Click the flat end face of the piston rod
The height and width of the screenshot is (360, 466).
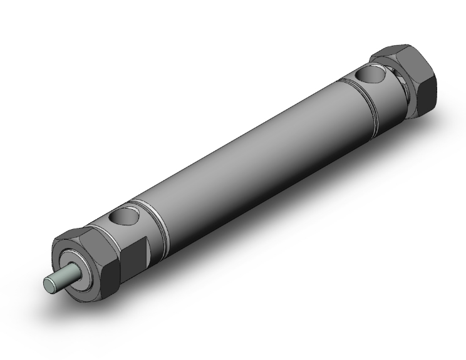coord(49,285)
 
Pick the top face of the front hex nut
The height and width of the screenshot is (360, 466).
coord(76,235)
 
